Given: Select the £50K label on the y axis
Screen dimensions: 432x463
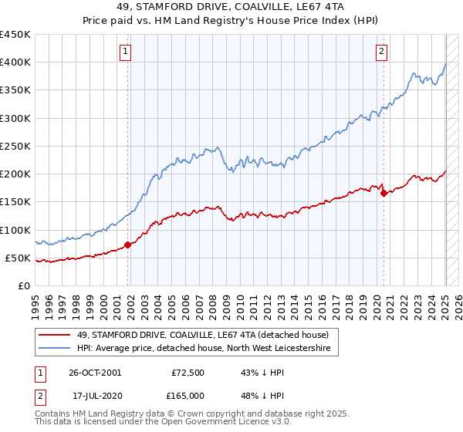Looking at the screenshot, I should pos(18,258).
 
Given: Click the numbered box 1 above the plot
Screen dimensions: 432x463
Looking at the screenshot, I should pos(125,52).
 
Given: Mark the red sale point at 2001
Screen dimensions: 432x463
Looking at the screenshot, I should pos(129,245).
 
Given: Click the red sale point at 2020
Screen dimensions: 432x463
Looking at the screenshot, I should pos(384,194).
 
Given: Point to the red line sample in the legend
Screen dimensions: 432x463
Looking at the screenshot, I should pos(54,335).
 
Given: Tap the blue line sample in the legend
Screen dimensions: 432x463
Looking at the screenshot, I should pos(54,349).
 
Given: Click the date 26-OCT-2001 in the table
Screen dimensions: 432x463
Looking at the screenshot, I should pos(94,373).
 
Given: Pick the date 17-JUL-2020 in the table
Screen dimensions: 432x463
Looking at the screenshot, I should pos(93,396).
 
